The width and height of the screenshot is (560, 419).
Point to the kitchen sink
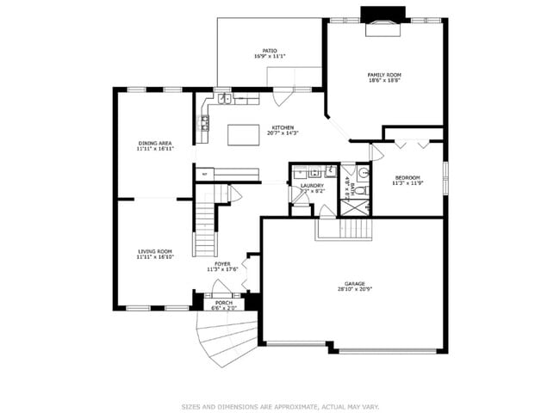[x=224, y=99]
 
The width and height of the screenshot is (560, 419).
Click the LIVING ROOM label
[x=155, y=251]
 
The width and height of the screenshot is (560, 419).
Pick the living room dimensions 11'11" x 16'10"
[x=155, y=256]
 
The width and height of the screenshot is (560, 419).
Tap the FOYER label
[x=222, y=264]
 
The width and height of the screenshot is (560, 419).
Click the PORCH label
[x=224, y=303]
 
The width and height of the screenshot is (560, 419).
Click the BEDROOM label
[x=408, y=176]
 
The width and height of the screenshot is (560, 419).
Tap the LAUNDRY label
[x=312, y=185]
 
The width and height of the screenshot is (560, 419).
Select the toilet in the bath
[x=363, y=190]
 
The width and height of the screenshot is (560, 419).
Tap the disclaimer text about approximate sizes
[x=279, y=406]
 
